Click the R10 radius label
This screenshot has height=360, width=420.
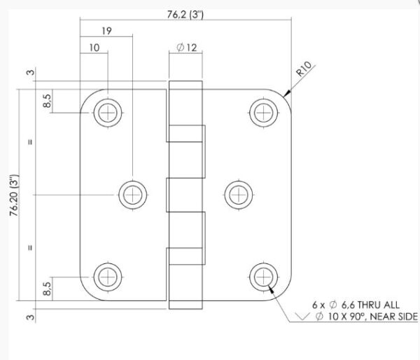tap(304, 69)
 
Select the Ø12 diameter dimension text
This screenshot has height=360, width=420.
tap(187, 48)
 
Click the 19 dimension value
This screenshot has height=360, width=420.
tap(106, 31)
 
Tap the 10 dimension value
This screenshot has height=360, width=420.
tap(94, 48)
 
